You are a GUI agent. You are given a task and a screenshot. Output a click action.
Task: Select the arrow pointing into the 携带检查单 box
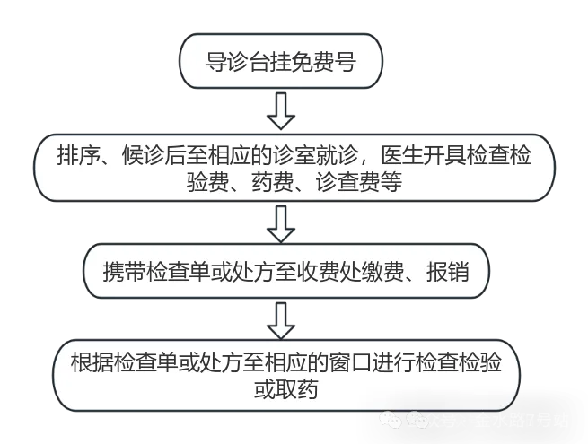pyautogui.click(x=282, y=223)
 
